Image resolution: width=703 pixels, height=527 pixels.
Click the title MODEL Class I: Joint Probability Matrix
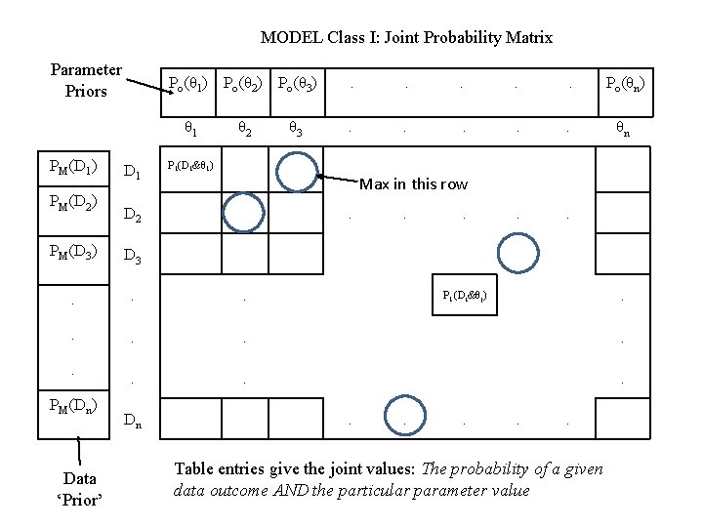(x=406, y=38)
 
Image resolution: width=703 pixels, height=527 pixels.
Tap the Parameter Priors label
(x=86, y=80)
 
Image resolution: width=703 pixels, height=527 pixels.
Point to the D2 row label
(x=134, y=216)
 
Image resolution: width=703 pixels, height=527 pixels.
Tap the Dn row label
(x=134, y=422)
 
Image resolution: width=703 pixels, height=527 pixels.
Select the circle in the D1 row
(x=296, y=171)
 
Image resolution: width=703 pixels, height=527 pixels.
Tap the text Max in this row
(x=414, y=184)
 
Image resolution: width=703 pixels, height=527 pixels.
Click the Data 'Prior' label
(x=79, y=487)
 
